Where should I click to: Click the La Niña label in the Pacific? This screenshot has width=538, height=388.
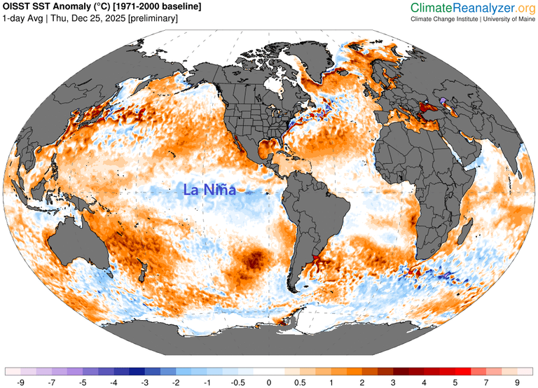tap(209, 190)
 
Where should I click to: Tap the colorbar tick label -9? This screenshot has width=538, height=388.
tap(21, 382)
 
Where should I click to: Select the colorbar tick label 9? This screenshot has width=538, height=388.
tap(517, 382)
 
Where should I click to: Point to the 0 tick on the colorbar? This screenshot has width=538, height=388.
tap(269, 382)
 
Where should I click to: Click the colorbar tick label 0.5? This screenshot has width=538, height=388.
tap(300, 382)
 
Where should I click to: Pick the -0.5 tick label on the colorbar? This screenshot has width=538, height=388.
tap(237, 382)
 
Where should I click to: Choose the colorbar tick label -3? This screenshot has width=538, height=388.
tap(145, 382)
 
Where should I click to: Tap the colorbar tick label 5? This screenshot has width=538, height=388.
tap(455, 382)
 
